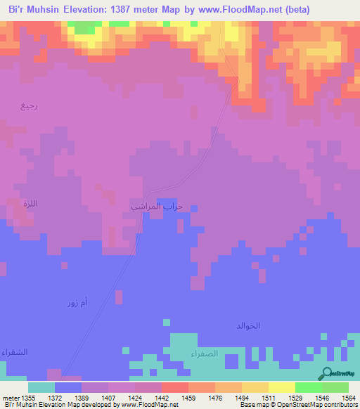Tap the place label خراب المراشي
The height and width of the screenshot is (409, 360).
(157, 206)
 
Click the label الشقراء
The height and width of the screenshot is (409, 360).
(14, 351)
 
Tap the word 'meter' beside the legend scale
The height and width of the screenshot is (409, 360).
(11, 397)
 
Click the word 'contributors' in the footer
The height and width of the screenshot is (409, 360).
(339, 405)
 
